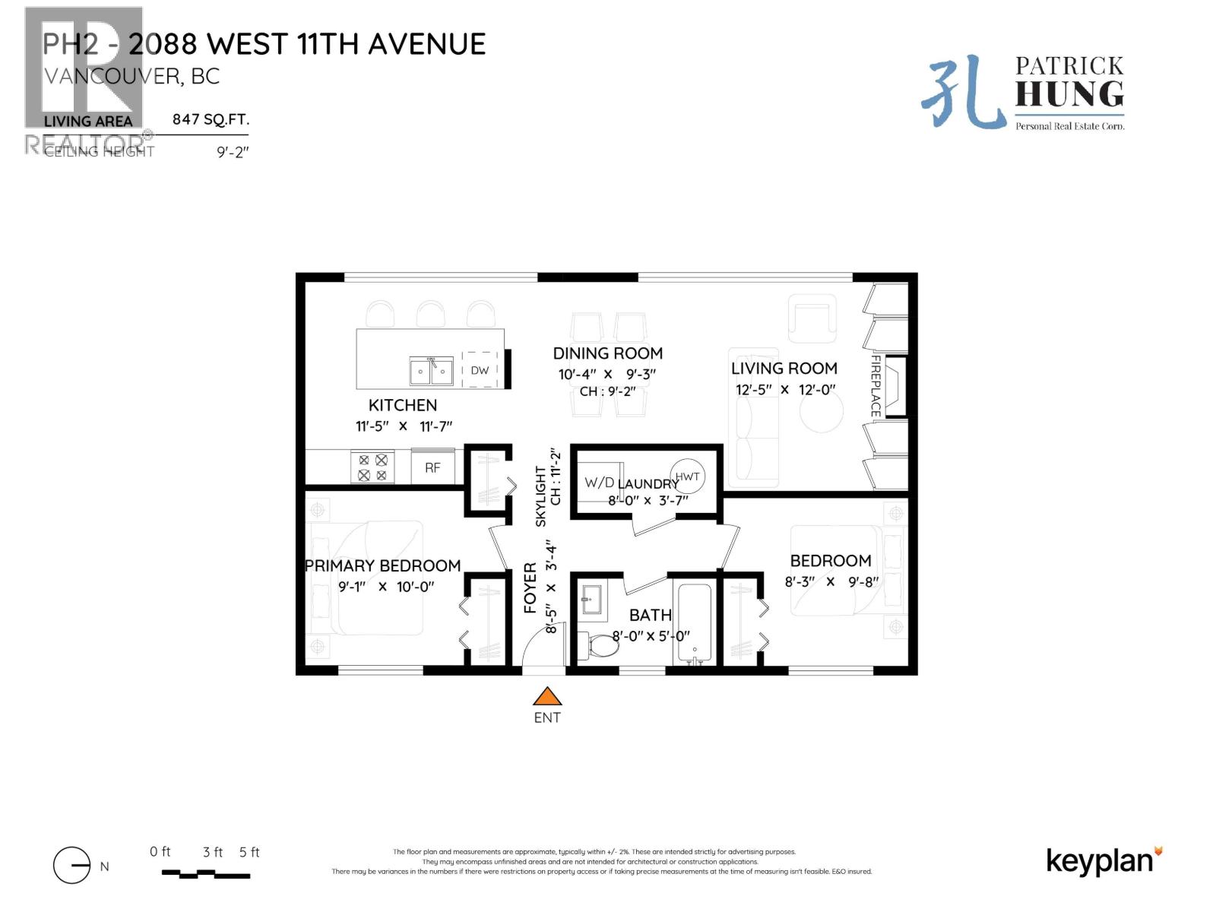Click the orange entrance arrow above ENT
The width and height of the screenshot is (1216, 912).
[x=546, y=696]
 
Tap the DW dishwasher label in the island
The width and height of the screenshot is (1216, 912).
[x=480, y=370]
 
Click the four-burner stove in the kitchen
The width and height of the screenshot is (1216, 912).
[x=372, y=467]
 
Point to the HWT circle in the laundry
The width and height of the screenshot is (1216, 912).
[x=687, y=477]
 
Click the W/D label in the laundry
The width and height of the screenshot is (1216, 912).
[x=599, y=483]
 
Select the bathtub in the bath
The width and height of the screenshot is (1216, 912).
[x=694, y=623]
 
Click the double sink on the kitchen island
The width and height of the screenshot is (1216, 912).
[x=431, y=372]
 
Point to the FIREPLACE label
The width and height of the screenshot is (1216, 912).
[x=876, y=385]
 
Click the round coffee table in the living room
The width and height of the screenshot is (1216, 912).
[x=821, y=411]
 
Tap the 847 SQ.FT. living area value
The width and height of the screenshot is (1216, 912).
[x=211, y=119]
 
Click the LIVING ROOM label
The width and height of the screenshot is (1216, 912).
[x=784, y=369]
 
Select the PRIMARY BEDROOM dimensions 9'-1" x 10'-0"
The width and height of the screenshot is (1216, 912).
[x=385, y=587]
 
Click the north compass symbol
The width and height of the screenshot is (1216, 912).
[x=72, y=865]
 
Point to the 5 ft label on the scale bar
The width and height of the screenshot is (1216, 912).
[x=249, y=852]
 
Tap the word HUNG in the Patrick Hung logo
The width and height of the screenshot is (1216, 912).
[x=1069, y=95]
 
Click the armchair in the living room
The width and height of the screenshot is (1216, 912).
[x=811, y=318]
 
